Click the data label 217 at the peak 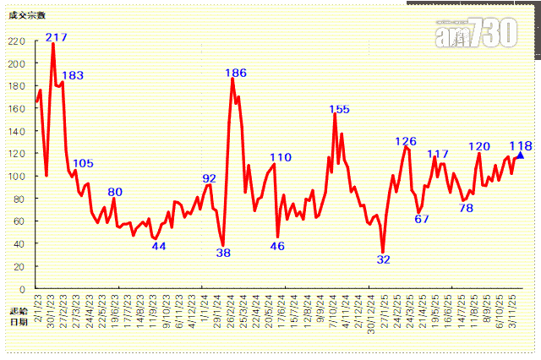coord(57,36)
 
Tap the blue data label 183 coord(73,75)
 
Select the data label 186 coord(236,73)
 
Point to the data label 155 coord(339,108)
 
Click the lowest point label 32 coord(383,259)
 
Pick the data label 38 coord(223,252)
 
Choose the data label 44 coord(158,246)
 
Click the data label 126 coord(407,141)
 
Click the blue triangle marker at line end coord(520,155)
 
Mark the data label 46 coord(277,245)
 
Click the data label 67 coord(422,218)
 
